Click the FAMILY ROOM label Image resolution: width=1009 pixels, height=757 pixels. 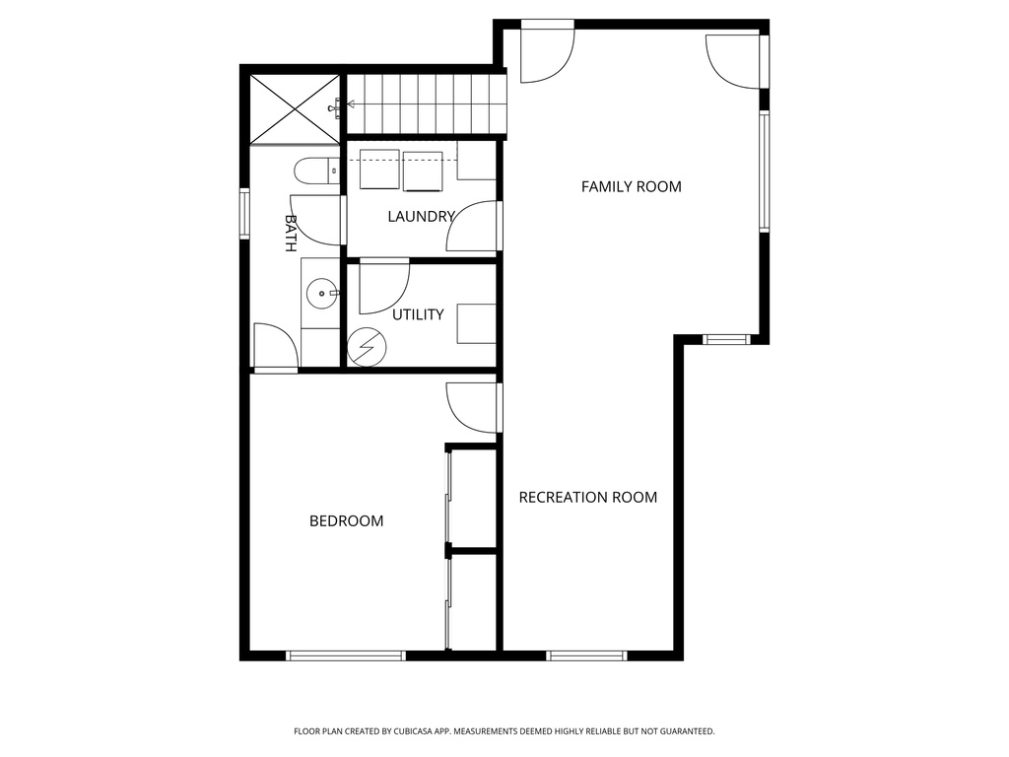[631, 186]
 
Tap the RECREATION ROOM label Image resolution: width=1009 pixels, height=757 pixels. [587, 497]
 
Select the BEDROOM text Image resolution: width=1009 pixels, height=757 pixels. [346, 520]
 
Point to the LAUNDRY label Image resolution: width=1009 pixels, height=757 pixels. [421, 217]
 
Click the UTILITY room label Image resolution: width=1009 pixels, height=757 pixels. [418, 314]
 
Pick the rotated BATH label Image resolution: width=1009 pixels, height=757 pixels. [291, 233]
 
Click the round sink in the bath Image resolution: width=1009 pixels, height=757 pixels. [320, 292]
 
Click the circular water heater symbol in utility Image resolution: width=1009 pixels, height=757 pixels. [367, 347]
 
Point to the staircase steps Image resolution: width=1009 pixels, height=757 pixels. [427, 103]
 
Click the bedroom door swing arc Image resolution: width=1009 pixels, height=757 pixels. [471, 406]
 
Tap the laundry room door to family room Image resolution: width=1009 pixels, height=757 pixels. [474, 227]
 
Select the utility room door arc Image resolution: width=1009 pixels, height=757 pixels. [384, 286]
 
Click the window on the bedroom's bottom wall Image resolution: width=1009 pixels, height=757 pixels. [346, 655]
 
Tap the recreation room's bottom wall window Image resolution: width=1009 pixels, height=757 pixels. [586, 655]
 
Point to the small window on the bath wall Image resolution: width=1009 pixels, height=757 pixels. [244, 213]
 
